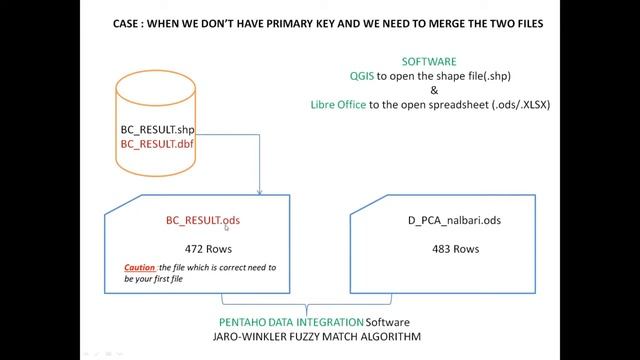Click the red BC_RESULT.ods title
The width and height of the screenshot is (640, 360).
pos(203,220)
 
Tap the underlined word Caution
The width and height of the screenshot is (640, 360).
pos(140,268)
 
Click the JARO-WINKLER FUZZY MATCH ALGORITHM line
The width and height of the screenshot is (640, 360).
pos(319,338)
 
